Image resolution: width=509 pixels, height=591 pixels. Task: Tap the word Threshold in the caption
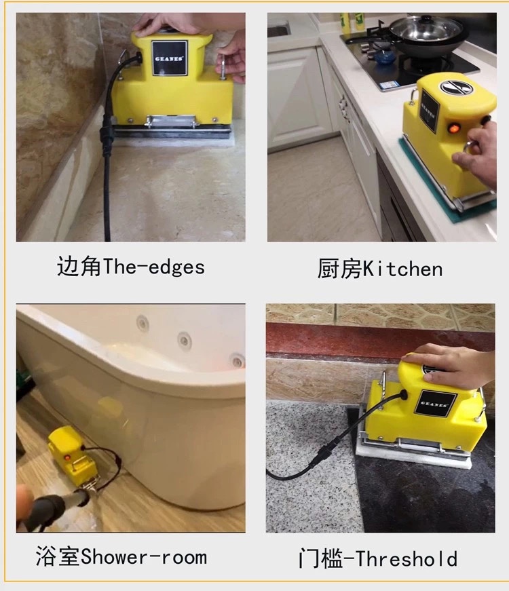click(x=407, y=558)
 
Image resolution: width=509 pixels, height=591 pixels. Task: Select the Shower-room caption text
click(x=144, y=557)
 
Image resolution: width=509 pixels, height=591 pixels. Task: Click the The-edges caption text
click(x=153, y=267)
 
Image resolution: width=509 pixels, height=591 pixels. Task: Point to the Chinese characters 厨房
click(x=339, y=269)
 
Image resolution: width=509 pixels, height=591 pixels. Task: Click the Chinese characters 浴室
click(x=58, y=556)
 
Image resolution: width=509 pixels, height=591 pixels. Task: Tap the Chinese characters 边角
click(x=79, y=267)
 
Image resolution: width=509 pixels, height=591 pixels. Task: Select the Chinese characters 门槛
click(x=320, y=558)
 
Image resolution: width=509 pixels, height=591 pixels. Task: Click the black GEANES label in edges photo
click(x=170, y=58)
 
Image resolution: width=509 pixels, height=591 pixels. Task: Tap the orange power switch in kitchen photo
click(x=452, y=128)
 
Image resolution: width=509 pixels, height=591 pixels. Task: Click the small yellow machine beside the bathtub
click(x=72, y=453)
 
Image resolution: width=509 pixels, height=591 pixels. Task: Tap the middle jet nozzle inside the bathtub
click(x=185, y=341)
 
